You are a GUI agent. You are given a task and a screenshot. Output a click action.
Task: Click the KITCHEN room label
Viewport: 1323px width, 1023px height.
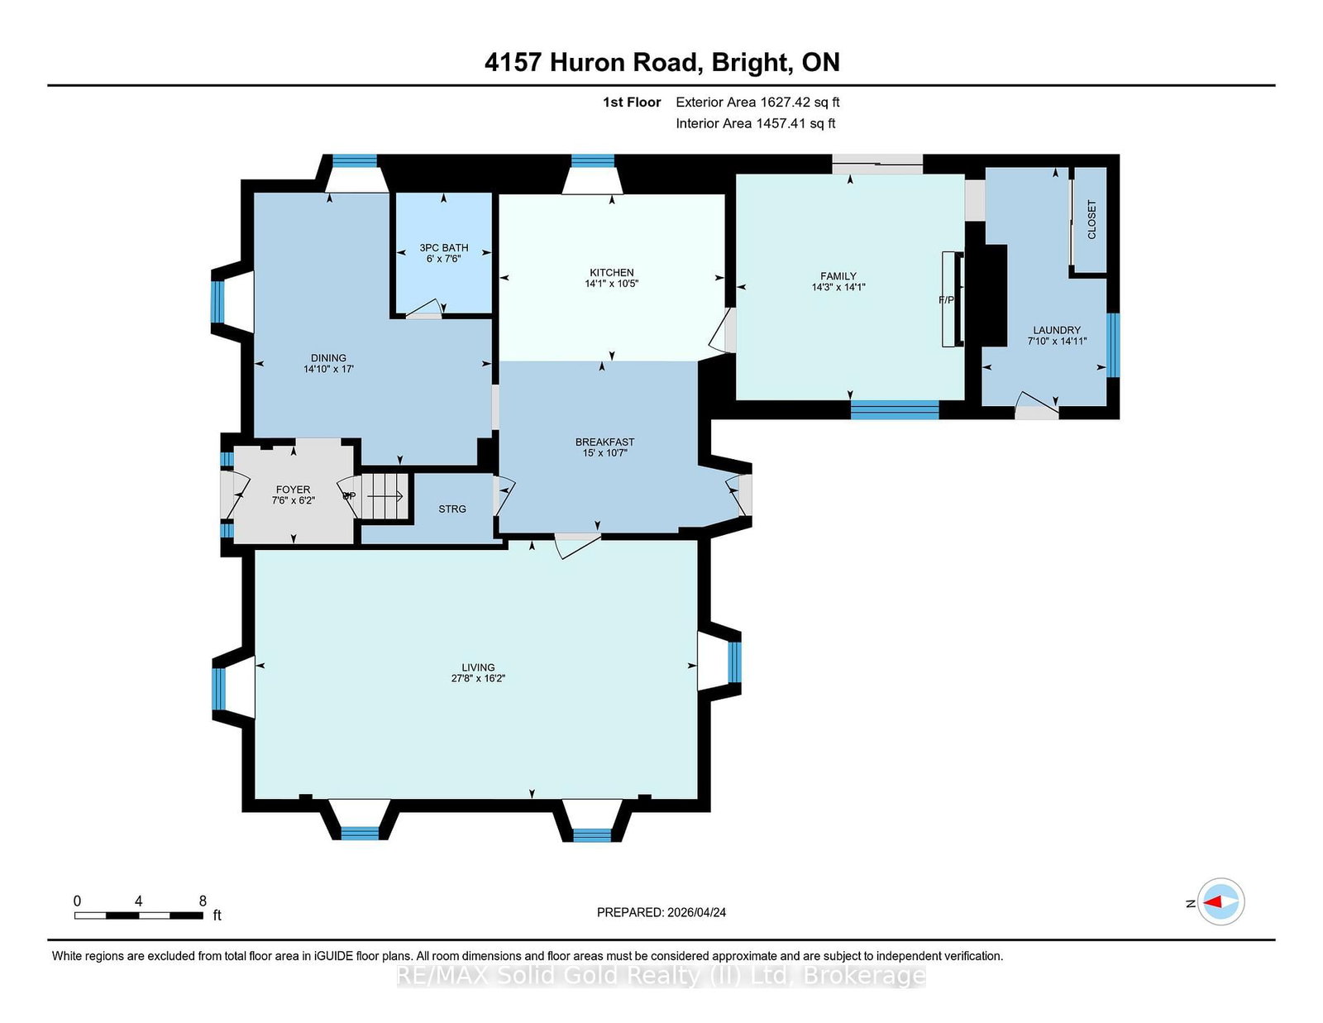pyautogui.click(x=611, y=272)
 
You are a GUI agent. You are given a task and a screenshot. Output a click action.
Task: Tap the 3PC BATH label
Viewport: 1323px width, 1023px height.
pyautogui.click(x=444, y=248)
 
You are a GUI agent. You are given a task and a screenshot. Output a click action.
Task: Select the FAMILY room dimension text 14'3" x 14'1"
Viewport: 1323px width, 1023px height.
pyautogui.click(x=838, y=287)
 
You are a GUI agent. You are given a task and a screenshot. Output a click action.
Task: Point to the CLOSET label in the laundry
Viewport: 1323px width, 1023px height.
pyautogui.click(x=1091, y=219)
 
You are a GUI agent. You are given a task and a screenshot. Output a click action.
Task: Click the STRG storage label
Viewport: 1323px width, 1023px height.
pyautogui.click(x=452, y=509)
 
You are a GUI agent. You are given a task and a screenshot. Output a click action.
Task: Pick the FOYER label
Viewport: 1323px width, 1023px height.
pyautogui.click(x=293, y=490)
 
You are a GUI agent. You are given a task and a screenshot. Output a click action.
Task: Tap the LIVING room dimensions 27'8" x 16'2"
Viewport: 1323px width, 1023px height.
pyautogui.click(x=479, y=678)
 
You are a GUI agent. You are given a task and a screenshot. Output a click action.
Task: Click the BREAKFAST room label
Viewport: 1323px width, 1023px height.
pyautogui.click(x=605, y=442)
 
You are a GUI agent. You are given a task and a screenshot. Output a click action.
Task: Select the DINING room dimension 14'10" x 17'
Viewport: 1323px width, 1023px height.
pyautogui.click(x=329, y=369)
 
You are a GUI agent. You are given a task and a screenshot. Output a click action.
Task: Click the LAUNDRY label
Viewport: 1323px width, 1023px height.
pyautogui.click(x=1057, y=330)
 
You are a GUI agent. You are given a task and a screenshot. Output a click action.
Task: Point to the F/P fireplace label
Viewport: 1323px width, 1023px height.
pyautogui.click(x=946, y=300)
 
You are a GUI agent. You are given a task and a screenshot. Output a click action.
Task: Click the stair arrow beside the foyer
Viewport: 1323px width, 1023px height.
pyautogui.click(x=384, y=496)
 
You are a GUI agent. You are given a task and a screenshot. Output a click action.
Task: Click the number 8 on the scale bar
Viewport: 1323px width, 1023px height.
pyautogui.click(x=203, y=901)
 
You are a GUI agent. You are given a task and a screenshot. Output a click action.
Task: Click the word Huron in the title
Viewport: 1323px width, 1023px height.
pyautogui.click(x=590, y=63)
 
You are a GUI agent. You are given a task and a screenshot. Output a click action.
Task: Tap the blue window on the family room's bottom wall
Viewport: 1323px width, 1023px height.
pyautogui.click(x=895, y=410)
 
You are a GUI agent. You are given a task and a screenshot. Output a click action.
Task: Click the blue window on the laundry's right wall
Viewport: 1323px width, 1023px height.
pyautogui.click(x=1113, y=345)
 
